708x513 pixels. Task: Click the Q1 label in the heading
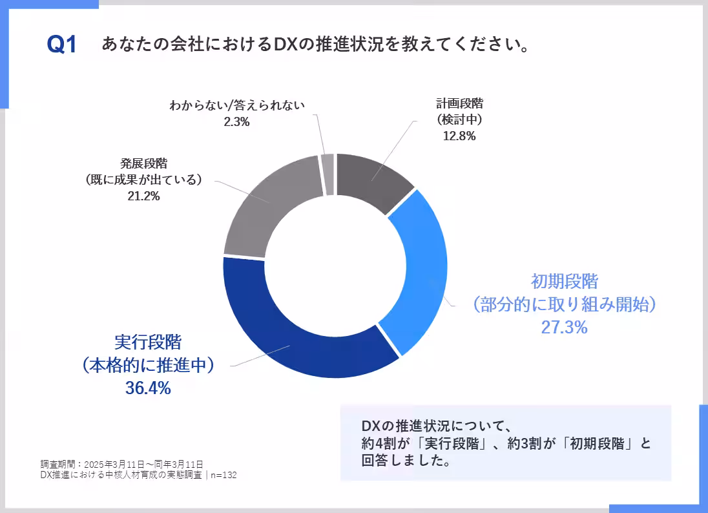pos(62,45)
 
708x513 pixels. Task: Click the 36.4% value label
pos(147,388)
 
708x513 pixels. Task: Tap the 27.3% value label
pos(564,328)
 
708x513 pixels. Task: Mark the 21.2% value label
pos(143,196)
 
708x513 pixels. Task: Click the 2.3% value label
pos(236,122)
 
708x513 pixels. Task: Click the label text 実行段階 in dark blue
pos(147,341)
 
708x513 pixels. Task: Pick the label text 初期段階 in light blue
pos(564,282)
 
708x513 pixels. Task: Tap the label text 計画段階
pos(459,103)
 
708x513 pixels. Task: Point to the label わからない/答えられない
pos(236,105)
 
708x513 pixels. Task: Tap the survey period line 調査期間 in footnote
pos(121,464)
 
